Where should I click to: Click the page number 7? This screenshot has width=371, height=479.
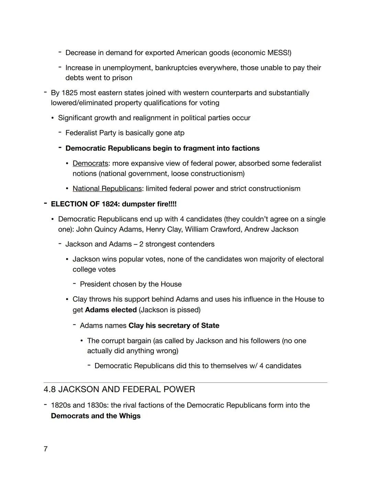[45, 449]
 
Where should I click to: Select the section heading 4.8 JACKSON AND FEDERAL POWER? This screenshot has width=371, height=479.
[119, 390]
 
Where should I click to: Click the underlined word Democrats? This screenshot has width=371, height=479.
[90, 163]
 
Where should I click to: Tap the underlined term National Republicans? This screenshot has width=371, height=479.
[107, 189]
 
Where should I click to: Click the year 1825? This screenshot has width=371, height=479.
[69, 93]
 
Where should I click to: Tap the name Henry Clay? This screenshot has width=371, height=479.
[164, 229]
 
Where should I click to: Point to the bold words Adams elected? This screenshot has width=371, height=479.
[111, 310]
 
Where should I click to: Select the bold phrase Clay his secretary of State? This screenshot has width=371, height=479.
[173, 325]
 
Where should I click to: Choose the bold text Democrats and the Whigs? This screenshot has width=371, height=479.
[95, 416]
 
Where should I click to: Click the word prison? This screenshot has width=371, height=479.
[122, 78]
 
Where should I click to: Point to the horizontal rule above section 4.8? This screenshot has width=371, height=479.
[185, 382]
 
